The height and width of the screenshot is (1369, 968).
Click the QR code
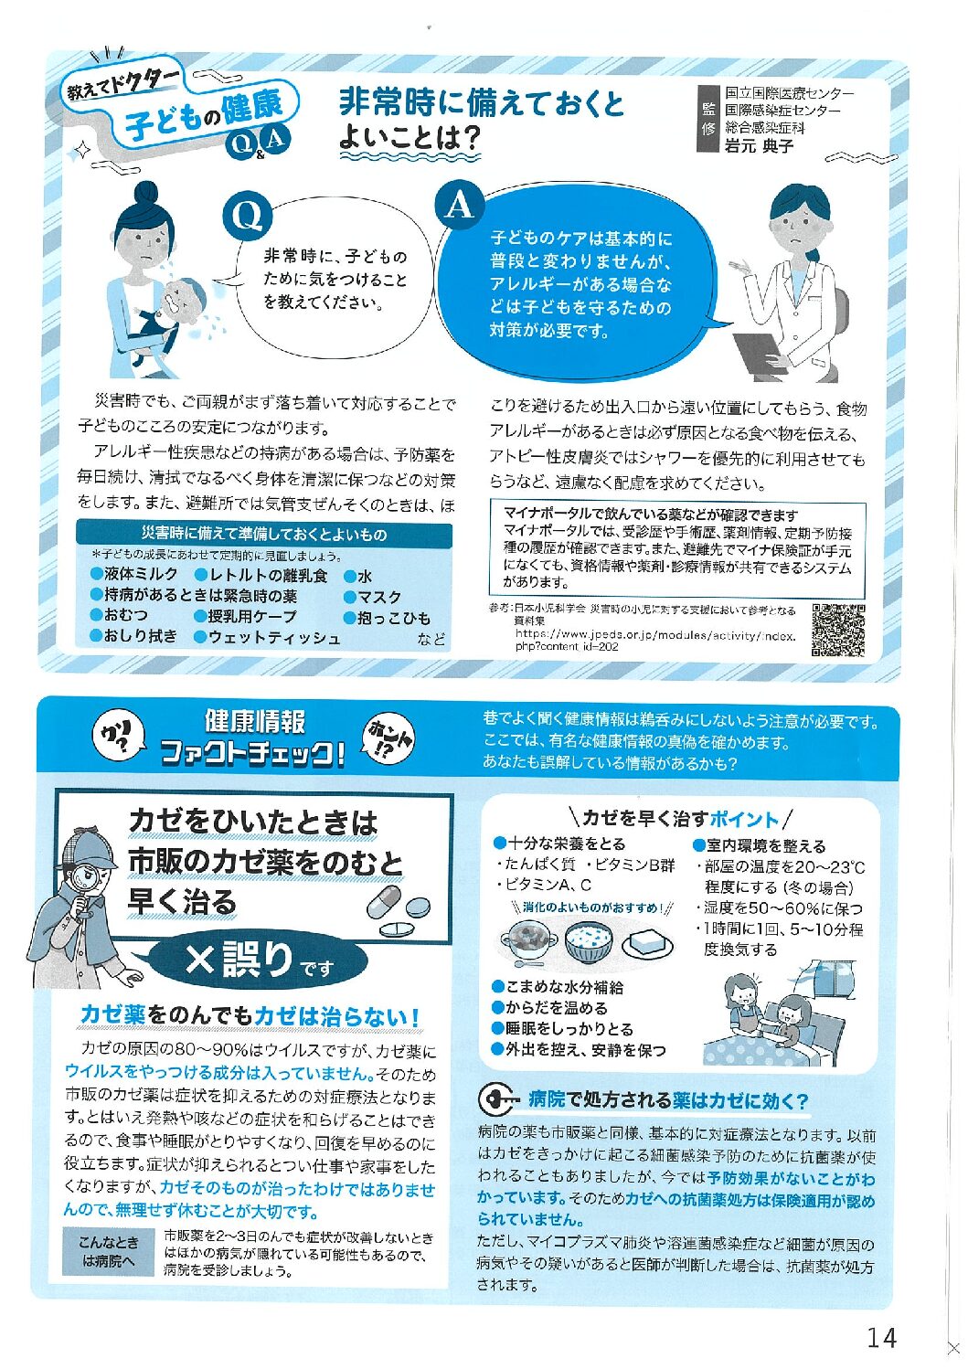838,630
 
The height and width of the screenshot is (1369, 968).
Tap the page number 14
882,1338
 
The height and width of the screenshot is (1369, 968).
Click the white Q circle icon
247,217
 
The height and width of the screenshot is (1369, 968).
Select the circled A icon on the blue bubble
459,206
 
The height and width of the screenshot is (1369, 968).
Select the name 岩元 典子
759,145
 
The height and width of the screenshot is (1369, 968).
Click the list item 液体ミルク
134,574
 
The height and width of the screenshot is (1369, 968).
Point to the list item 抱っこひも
388,618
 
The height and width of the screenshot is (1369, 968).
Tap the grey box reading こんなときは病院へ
108,1251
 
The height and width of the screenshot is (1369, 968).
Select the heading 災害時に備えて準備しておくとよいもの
264,535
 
